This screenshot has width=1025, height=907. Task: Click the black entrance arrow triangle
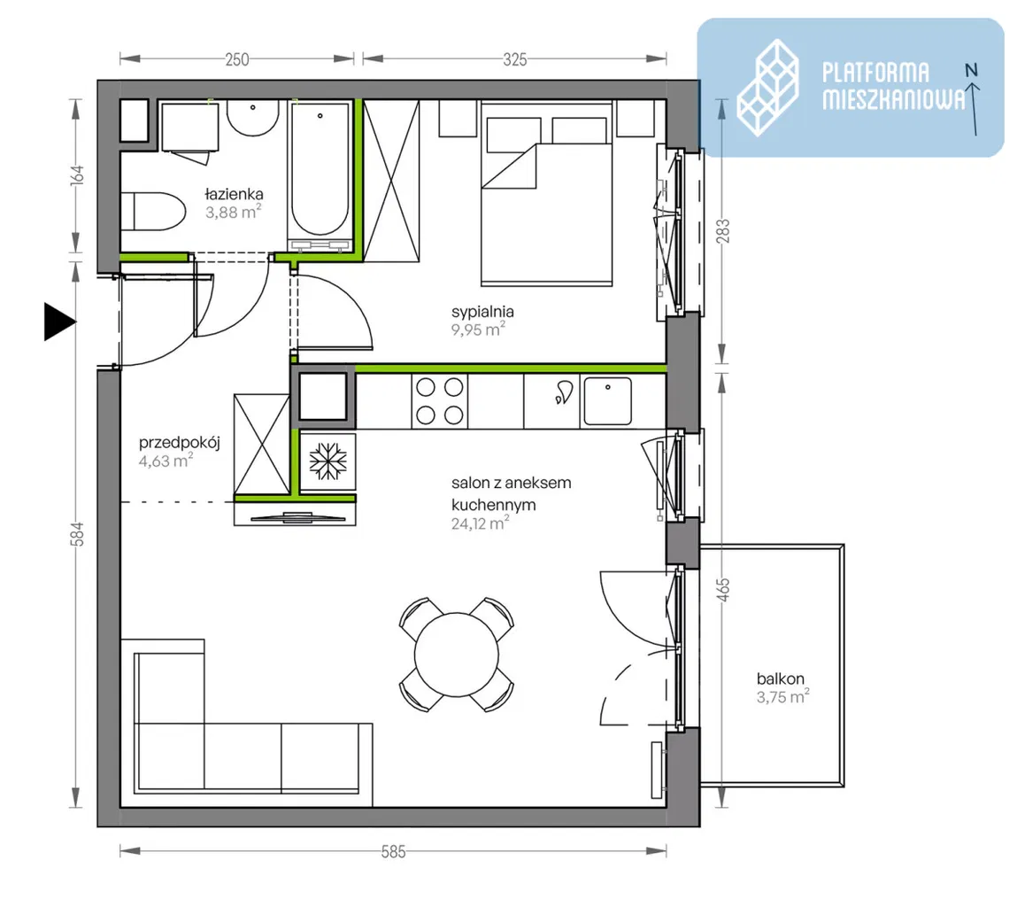point(58,322)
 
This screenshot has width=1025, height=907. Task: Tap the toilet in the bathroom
point(153,211)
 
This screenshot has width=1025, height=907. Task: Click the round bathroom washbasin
point(252,118)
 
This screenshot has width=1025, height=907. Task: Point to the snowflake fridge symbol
point(328,461)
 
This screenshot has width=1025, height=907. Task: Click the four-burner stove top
point(439,401)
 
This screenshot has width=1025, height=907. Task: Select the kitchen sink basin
point(607,401)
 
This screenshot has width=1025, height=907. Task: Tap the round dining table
point(456,654)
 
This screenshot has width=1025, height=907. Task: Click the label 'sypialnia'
point(482,312)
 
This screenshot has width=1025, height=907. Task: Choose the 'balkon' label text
point(781,678)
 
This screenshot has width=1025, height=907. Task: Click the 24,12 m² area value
point(480,523)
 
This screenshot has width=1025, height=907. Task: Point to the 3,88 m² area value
point(234,212)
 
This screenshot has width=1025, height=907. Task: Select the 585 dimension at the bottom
point(394,851)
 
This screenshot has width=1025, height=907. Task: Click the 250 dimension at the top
point(236,59)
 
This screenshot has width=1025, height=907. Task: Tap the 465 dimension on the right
point(722,590)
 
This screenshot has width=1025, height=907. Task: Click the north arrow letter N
point(971,69)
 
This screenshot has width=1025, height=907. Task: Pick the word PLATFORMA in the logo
point(875,73)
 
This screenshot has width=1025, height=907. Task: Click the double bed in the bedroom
point(546,194)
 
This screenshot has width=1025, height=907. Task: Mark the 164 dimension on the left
point(77,174)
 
